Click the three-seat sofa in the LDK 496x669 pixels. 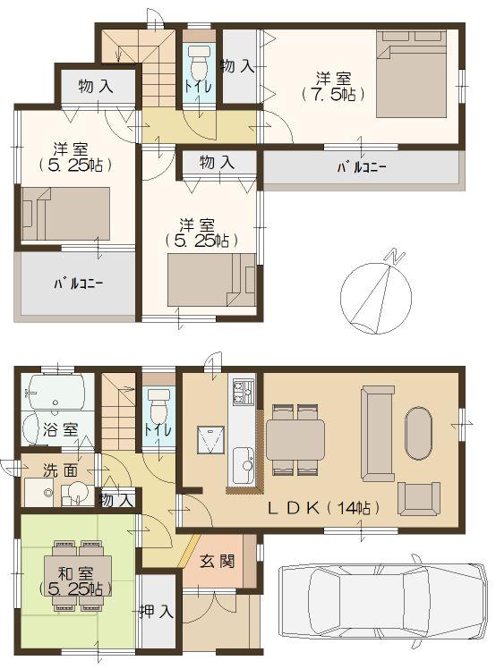tap(376, 432)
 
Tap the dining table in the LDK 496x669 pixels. tap(295, 438)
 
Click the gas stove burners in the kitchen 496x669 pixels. tap(243, 391)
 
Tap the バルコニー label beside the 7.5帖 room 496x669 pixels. tap(361, 167)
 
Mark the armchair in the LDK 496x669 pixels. tap(418, 497)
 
